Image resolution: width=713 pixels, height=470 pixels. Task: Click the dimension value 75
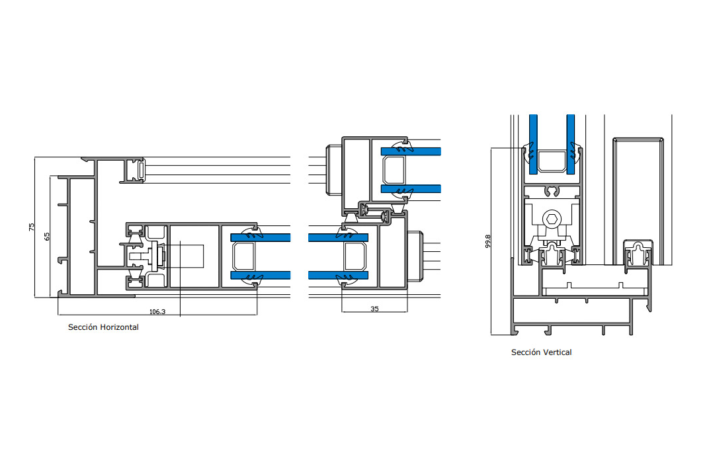pyautogui.click(x=31, y=227)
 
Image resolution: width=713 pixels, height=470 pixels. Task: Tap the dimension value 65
pyautogui.click(x=46, y=237)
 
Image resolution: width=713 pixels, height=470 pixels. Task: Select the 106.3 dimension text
pyautogui.click(x=157, y=312)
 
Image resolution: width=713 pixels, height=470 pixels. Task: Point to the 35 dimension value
pyautogui.click(x=374, y=309)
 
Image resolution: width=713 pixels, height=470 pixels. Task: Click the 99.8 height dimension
pyautogui.click(x=488, y=241)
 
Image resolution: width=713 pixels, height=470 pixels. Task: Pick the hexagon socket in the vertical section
pyautogui.click(x=552, y=219)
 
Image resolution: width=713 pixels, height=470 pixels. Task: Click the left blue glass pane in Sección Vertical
pyautogui.click(x=533, y=144)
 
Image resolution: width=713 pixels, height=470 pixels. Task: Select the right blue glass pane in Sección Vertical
pyautogui.click(x=571, y=144)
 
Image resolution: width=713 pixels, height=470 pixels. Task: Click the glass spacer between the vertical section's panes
pyautogui.click(x=552, y=161)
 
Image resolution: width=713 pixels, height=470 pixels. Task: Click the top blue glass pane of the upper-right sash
pyautogui.click(x=411, y=151)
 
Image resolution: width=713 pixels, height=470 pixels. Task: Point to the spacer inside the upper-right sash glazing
pyautogui.click(x=394, y=170)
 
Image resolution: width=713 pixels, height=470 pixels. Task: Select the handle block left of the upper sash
pyautogui.click(x=334, y=170)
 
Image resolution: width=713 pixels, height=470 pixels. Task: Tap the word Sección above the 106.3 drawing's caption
pyautogui.click(x=83, y=327)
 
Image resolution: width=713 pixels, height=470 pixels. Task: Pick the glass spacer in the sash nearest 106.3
pyautogui.click(x=243, y=256)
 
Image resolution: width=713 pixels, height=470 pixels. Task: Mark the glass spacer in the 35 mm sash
pyautogui.click(x=355, y=256)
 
